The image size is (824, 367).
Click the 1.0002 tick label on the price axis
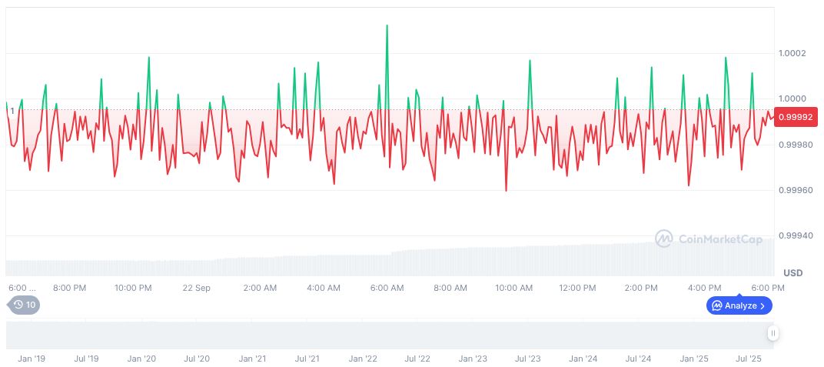(x=792, y=53)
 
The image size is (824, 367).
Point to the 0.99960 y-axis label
(x=796, y=190)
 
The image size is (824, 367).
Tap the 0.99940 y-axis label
(x=796, y=235)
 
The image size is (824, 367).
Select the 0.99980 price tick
(x=796, y=145)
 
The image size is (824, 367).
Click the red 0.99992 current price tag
(x=796, y=117)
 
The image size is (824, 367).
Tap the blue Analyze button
(x=739, y=305)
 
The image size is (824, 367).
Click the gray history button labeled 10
(x=24, y=305)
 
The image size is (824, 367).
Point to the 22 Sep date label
(x=197, y=288)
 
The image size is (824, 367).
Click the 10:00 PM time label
(x=133, y=288)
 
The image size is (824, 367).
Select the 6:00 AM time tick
(x=387, y=288)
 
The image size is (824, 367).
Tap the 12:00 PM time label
(x=577, y=288)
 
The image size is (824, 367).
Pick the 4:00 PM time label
(x=704, y=288)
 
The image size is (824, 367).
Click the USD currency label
(x=792, y=273)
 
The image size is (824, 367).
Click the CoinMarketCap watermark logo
(x=709, y=239)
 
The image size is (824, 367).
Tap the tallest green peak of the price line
(x=387, y=26)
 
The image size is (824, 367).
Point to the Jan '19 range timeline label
(x=32, y=359)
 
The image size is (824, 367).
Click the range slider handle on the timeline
(x=772, y=333)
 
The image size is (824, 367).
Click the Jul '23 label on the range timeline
(x=528, y=359)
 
